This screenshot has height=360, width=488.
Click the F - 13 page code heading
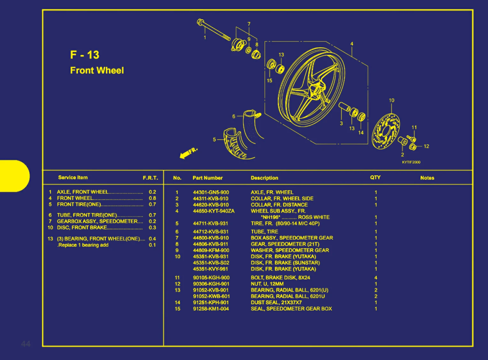[85, 55]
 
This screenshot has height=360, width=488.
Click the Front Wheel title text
[97, 71]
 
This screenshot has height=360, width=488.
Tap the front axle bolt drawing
[213, 30]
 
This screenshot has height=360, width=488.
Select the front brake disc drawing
[386, 131]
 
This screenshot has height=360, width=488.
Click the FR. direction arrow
[188, 153]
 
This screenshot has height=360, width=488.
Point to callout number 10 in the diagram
[392, 100]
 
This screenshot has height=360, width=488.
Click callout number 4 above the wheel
[352, 44]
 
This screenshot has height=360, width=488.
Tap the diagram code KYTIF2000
[411, 162]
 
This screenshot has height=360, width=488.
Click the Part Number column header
[207, 178]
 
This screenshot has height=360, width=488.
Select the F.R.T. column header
[150, 178]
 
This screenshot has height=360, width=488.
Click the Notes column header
[427, 178]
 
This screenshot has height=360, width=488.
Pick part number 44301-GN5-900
[211, 192]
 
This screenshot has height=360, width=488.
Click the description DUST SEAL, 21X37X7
[276, 303]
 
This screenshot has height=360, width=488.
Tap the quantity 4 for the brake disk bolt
[376, 278]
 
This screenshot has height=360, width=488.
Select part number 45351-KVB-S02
[211, 263]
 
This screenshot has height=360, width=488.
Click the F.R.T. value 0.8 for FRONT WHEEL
[152, 198]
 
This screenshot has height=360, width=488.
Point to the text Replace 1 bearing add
[83, 245]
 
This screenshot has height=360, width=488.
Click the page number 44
[26, 344]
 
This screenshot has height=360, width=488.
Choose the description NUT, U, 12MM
[267, 284]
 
